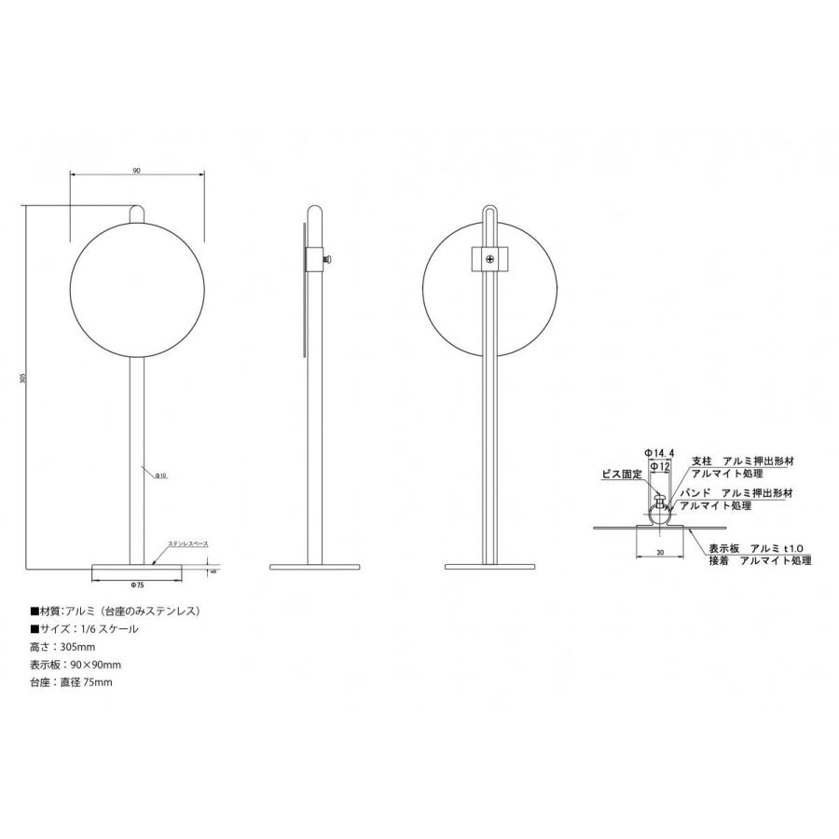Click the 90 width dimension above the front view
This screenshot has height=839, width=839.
137,171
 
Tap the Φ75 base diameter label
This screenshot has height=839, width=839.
138,585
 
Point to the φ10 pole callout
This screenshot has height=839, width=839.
160,475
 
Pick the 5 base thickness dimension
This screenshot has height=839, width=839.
213,571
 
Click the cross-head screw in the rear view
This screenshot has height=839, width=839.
490,257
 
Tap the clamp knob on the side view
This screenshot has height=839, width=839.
328,257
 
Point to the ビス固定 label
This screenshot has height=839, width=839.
622,475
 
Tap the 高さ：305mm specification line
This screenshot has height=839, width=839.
63,646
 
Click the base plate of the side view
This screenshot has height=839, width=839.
315,567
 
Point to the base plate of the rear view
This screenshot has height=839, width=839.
490,567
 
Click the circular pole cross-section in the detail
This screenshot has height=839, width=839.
662,513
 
